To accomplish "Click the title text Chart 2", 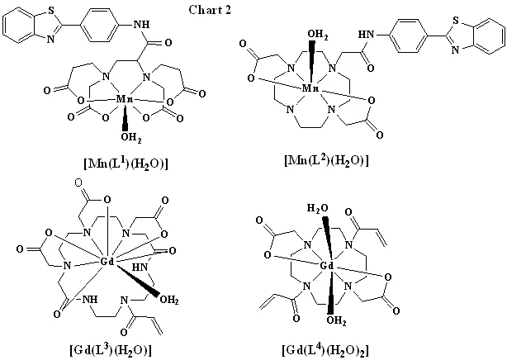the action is pos(210,10).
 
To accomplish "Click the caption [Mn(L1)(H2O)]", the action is pos(126,163).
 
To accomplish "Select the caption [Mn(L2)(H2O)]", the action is pos(326,159).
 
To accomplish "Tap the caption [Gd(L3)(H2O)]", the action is pos(111,349).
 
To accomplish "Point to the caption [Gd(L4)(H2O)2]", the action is pos(325,349).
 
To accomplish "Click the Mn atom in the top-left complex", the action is pos(124,99).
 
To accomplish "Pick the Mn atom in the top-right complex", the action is pos(310,88).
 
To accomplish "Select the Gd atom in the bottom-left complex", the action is pos(107,262).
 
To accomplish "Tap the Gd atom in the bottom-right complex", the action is pos(326,266).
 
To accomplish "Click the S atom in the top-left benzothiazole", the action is pos(51,11).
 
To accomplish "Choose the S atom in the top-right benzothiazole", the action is pos(456,21).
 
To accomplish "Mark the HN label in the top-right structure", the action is pos(366,35).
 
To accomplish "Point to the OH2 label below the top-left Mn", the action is pos(131,138).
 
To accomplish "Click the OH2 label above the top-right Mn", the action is pos(317,35).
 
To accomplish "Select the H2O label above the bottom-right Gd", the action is pos(317,209).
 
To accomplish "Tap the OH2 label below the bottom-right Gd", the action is pos(336,321).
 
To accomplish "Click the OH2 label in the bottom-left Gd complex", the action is pos(169,300).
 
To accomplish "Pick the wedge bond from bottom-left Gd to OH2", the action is pos(137,281).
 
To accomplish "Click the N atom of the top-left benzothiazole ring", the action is pos(50,39).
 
